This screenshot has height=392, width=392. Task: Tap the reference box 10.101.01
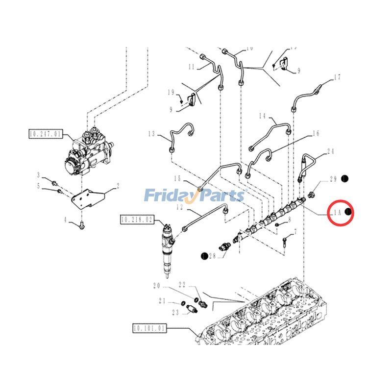[x=150, y=327]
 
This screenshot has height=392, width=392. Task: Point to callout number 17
[x=337, y=77]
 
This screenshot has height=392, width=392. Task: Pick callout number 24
[x=331, y=151]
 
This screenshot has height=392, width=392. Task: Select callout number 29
[x=333, y=179]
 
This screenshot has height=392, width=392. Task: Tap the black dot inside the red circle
[x=348, y=212]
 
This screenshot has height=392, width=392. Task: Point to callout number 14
[x=262, y=116]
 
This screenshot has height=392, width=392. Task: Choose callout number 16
[x=316, y=133]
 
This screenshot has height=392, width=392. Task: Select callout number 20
[x=157, y=286]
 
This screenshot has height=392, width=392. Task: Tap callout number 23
[x=175, y=312]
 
